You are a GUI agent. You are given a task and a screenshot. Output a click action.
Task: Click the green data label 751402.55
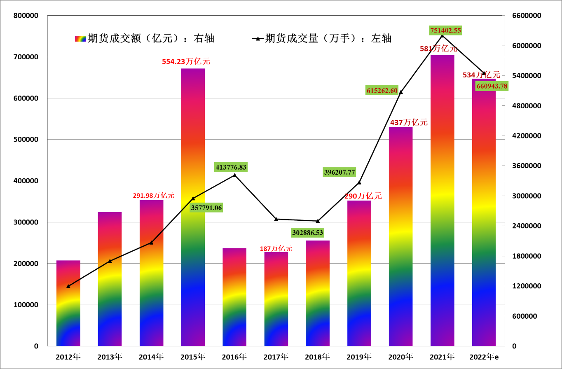(x=445, y=30)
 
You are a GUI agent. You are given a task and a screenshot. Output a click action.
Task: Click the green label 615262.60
(x=382, y=91)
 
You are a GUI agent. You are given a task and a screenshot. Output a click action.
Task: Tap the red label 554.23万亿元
(x=186, y=61)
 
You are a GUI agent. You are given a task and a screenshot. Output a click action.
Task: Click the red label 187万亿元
(x=276, y=249)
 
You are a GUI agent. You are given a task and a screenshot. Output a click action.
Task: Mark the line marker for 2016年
(x=235, y=175)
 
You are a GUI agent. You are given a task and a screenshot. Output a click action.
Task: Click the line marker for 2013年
(x=110, y=261)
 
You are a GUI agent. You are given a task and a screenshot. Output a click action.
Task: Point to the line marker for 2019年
(x=359, y=182)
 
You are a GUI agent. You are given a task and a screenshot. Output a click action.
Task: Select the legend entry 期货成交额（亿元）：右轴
(x=145, y=39)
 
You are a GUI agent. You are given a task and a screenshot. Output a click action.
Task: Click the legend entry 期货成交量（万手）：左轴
(x=322, y=39)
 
